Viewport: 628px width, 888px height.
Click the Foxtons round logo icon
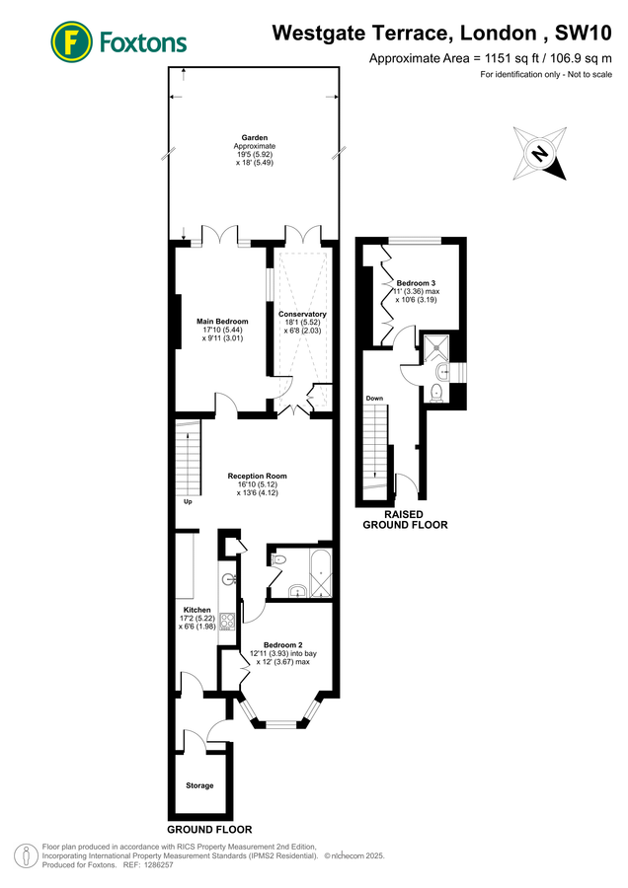[68, 40]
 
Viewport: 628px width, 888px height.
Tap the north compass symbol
[539, 154]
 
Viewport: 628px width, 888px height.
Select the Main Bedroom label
[222, 322]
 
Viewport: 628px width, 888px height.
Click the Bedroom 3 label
[416, 282]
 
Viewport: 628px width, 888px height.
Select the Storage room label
[199, 785]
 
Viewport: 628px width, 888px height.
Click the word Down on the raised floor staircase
[374, 399]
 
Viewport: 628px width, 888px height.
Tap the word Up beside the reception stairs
[187, 501]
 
